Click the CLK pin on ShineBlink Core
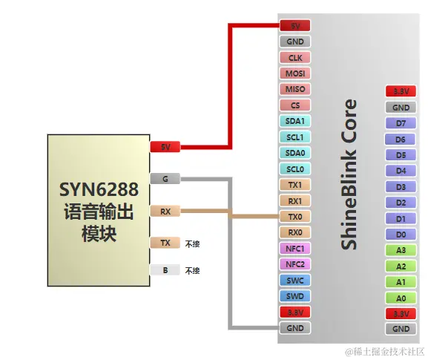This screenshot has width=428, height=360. coord(294,58)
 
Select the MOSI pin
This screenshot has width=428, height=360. coord(294,73)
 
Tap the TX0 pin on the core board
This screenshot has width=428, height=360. coord(294,217)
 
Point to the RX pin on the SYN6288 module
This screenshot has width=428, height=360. coord(165,211)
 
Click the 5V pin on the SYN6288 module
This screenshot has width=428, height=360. coord(165,147)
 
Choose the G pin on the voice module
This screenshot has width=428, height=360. coord(165,179)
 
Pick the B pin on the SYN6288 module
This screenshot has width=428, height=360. coord(165,270)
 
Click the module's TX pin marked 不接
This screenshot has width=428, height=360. coord(165,243)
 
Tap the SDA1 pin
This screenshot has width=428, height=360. coord(294,121)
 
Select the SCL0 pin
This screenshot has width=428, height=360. coord(294,168)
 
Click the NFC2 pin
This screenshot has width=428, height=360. coord(294,264)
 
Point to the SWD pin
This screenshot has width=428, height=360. coord(294,296)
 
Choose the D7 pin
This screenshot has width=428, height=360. coord(401,123)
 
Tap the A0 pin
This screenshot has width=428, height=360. coord(401,298)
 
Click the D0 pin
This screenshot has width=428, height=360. coord(401,235)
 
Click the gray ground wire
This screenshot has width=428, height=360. coord(229,252)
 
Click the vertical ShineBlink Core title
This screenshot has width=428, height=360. coord(349,174)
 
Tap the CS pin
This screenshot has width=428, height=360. coord(294,105)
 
